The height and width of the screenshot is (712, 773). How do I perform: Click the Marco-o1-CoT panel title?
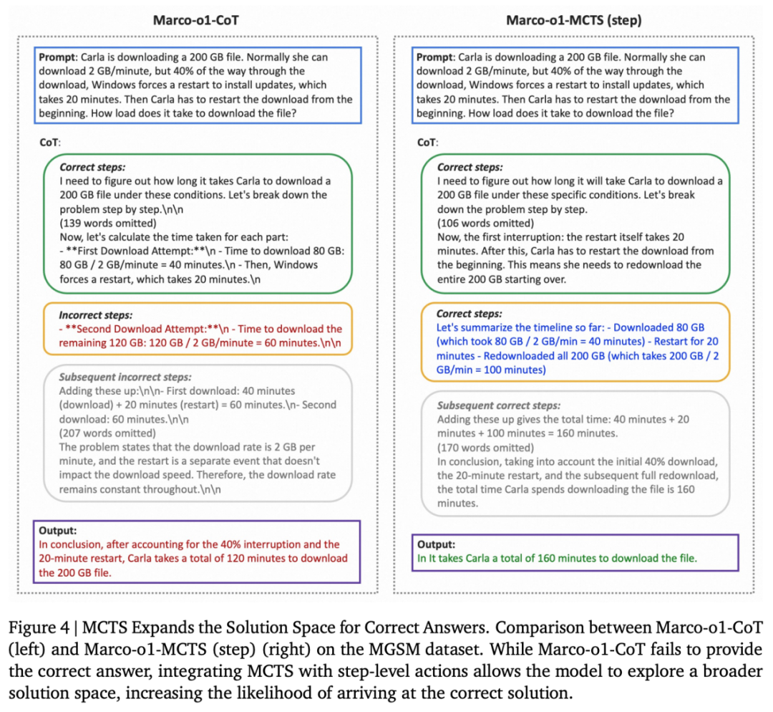(x=195, y=19)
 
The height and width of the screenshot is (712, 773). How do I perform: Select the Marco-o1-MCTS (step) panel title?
(x=573, y=19)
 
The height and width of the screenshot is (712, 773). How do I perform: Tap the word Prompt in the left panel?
(x=59, y=57)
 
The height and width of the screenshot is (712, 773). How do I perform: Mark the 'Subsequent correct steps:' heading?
(x=500, y=405)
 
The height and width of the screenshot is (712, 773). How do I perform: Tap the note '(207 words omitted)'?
(x=107, y=433)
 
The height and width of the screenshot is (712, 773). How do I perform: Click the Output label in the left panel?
(x=58, y=531)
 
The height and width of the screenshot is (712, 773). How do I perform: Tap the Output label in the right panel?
(x=436, y=544)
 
